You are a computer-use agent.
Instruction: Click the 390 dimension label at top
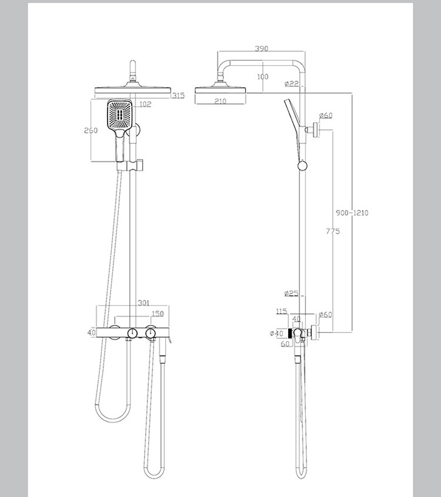pyautogui.click(x=261, y=49)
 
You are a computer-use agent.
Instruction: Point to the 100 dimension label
pyautogui.click(x=262, y=77)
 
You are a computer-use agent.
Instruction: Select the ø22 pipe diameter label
pyautogui.click(x=291, y=84)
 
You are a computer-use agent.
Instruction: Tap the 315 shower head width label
pyautogui.click(x=179, y=95)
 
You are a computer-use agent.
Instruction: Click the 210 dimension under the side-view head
pyautogui.click(x=220, y=101)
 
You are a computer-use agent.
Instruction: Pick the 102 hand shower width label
pyautogui.click(x=145, y=104)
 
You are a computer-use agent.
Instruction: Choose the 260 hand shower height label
pyautogui.click(x=90, y=130)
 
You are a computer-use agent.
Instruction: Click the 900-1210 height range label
pyautogui.click(x=352, y=213)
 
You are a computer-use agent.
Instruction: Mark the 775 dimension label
pyautogui.click(x=333, y=231)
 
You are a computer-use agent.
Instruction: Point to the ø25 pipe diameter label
pyautogui.click(x=291, y=293)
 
